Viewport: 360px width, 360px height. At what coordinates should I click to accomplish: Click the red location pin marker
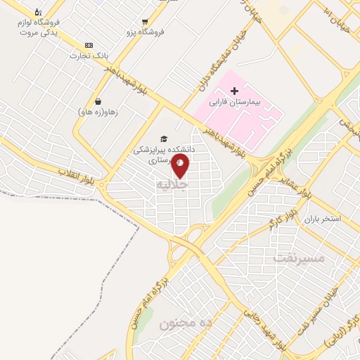181,166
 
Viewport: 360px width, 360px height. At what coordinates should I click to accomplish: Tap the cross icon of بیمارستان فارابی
235,91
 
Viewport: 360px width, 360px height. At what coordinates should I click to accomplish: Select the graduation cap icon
164,139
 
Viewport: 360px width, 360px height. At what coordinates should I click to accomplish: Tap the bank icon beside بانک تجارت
89,44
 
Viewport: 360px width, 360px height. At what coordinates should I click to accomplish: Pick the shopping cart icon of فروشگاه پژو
145,22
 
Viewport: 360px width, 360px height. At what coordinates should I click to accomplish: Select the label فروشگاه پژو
146,32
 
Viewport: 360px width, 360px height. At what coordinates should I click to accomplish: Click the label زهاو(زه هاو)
97,112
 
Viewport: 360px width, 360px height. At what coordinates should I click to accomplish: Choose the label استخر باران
322,219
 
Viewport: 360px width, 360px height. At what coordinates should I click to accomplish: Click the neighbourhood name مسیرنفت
299,258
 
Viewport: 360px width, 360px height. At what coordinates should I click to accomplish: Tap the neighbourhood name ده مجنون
186,323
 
